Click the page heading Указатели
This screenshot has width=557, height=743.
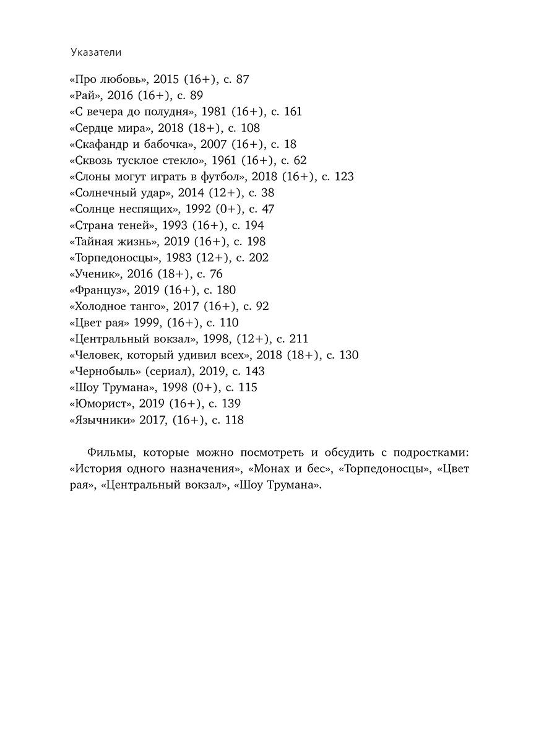(95, 53)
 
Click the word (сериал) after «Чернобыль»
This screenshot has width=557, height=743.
(170, 371)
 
